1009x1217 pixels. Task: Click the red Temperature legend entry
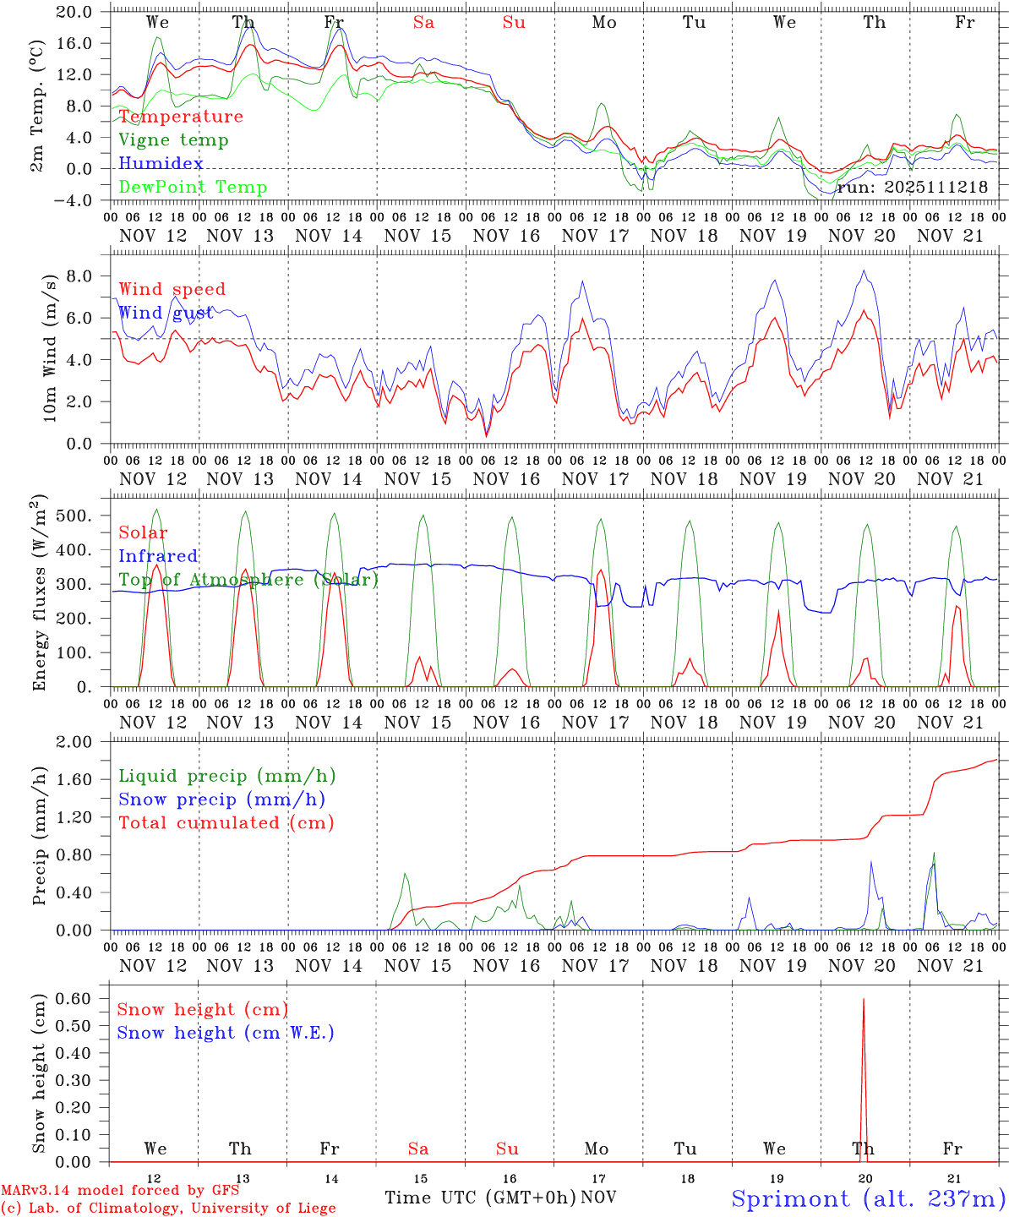(180, 117)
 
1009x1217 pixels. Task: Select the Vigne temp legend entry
(173, 140)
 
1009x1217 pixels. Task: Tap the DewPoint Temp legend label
(193, 188)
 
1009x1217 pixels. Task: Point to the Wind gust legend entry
(166, 313)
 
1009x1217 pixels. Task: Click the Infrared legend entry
(158, 556)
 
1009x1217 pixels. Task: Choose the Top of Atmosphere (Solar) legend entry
(248, 580)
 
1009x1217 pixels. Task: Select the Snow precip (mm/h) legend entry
(221, 800)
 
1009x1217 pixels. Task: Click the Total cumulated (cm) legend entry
(226, 822)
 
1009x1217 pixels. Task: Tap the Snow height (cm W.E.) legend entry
(226, 1033)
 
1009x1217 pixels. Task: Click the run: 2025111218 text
(912, 187)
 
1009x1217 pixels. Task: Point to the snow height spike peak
(863, 1000)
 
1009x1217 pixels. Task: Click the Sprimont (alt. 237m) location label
(868, 1198)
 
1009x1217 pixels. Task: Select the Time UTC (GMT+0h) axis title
(480, 1198)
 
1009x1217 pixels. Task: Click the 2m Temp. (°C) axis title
(37, 116)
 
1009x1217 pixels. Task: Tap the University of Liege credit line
(168, 1209)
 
